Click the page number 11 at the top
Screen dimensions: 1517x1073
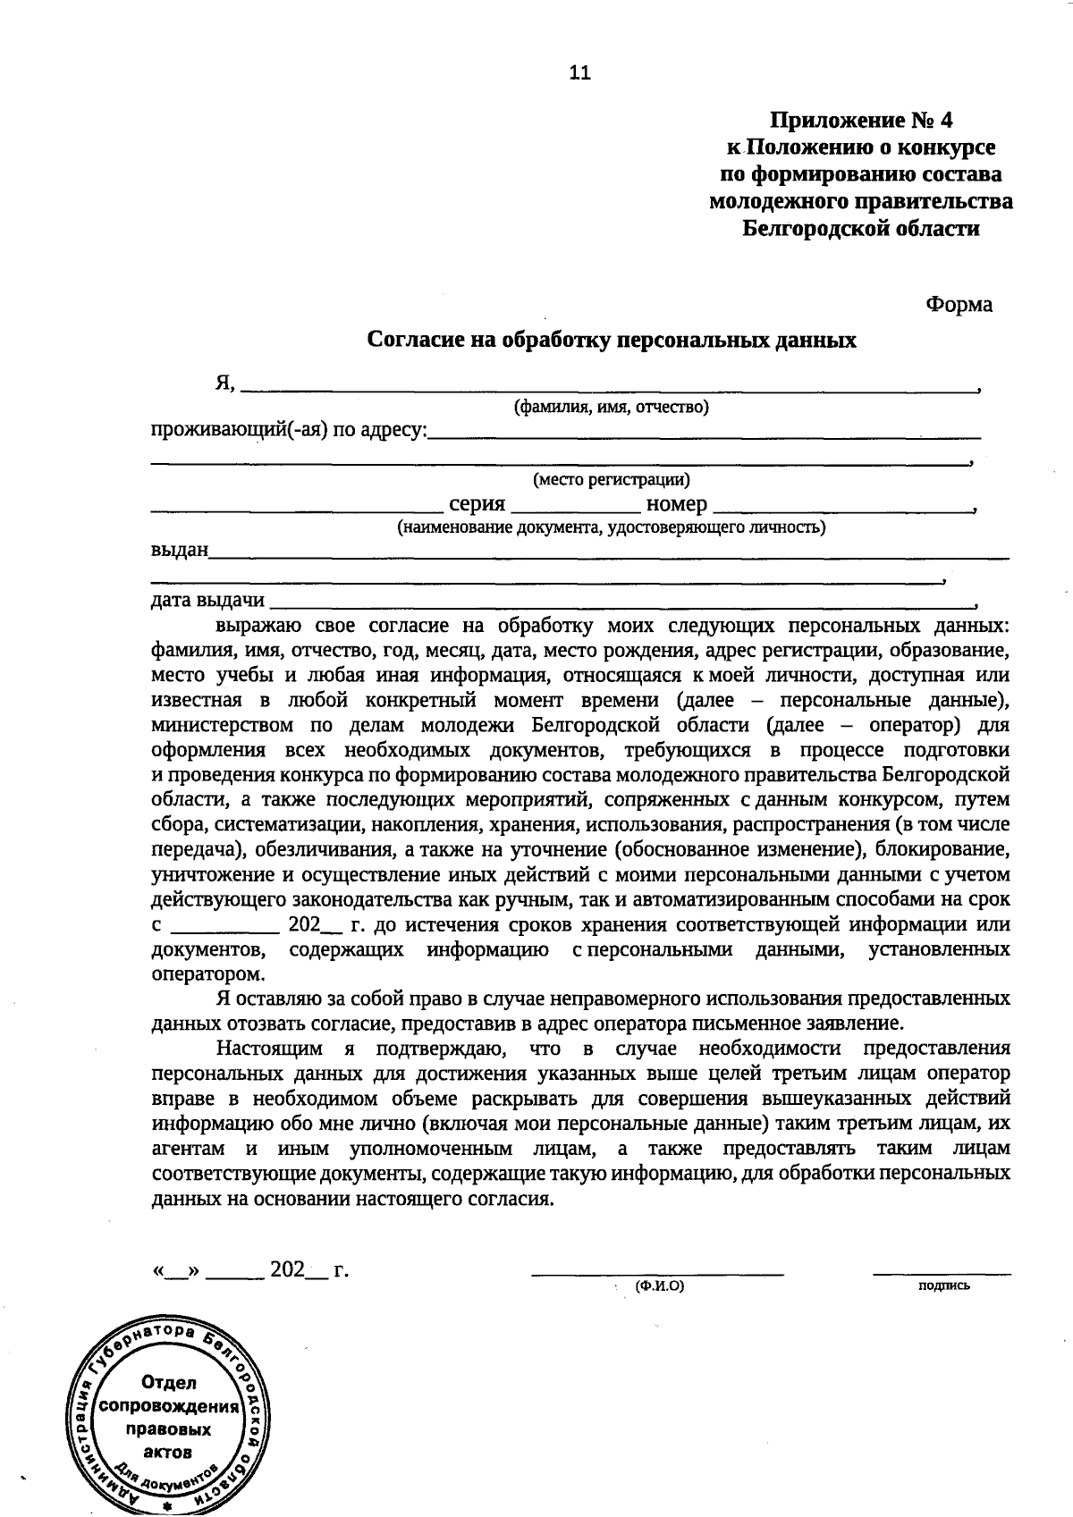[579, 73]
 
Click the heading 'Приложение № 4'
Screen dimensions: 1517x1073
[862, 120]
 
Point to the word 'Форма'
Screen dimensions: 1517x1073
[959, 305]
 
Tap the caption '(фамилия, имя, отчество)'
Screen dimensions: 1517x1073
[611, 408]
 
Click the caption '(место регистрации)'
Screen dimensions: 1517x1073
[612, 480]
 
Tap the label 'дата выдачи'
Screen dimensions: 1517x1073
[208, 599]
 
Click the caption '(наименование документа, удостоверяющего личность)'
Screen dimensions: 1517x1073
[611, 527]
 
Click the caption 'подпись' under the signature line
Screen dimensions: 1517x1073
[943, 1286]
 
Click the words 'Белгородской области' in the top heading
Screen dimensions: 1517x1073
[861, 229]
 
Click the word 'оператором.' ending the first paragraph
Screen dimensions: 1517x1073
[208, 973]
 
